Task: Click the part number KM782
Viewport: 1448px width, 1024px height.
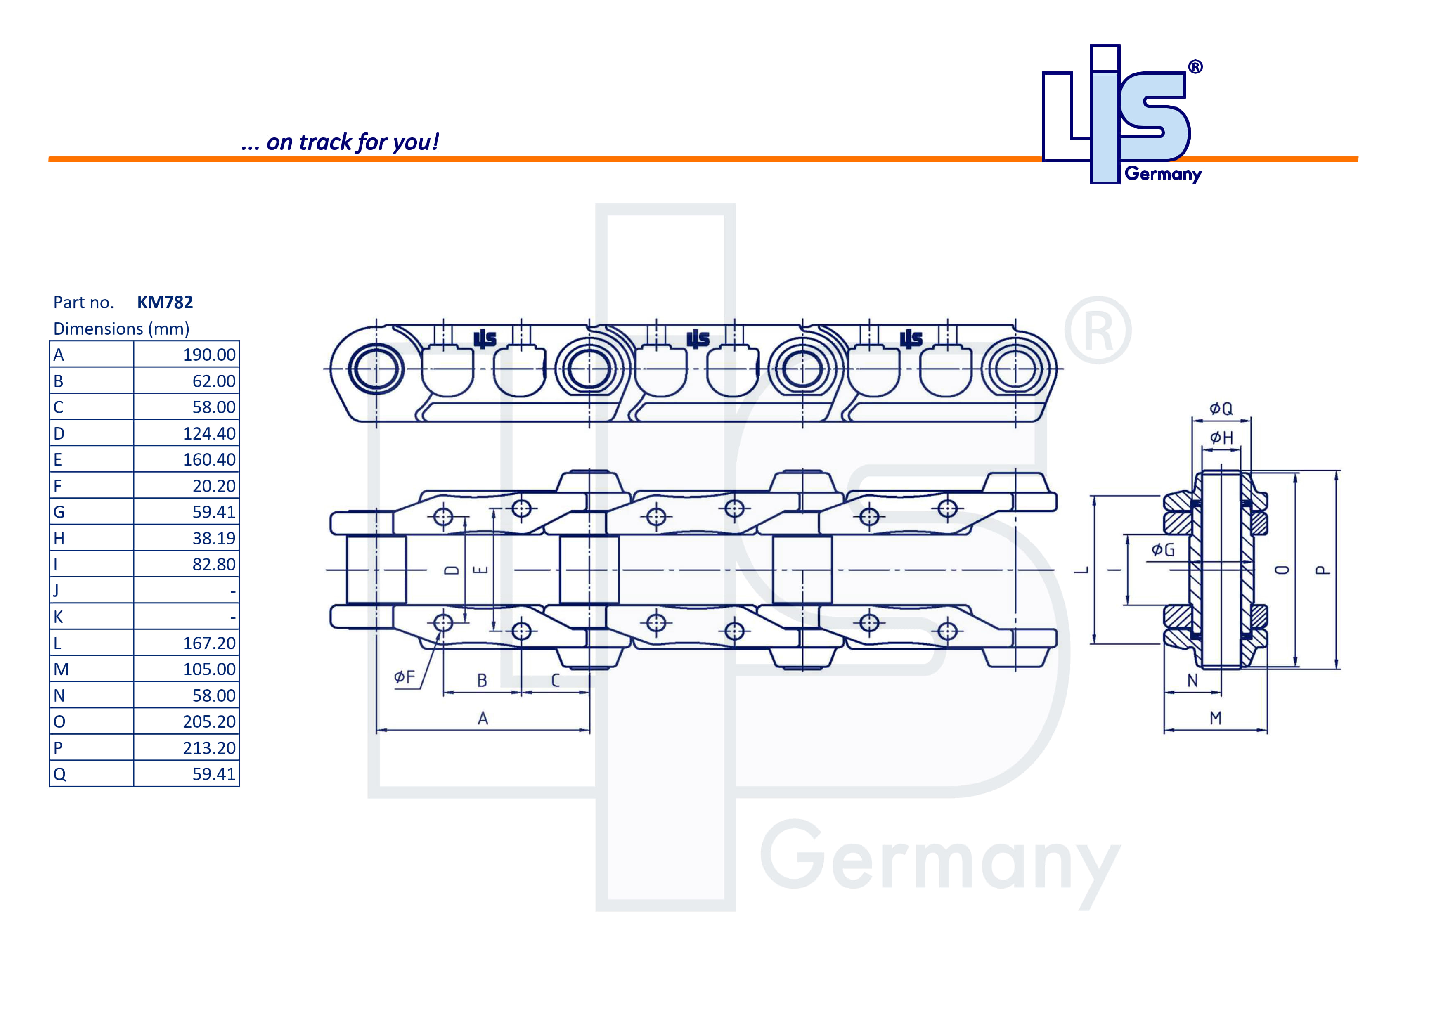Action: pyautogui.click(x=165, y=302)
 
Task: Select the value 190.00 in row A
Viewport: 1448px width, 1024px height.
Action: pyautogui.click(x=209, y=355)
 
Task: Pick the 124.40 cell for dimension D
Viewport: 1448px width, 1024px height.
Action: pyautogui.click(x=209, y=433)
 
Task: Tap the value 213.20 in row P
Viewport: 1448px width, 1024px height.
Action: pyautogui.click(x=209, y=748)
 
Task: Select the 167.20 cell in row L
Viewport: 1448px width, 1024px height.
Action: pyautogui.click(x=209, y=643)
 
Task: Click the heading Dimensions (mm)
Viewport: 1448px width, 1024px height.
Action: pyautogui.click(x=121, y=329)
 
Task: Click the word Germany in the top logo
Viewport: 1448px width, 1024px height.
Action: pyautogui.click(x=1162, y=174)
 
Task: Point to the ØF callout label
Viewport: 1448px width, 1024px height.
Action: pyautogui.click(x=404, y=677)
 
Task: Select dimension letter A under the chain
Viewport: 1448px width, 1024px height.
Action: pyautogui.click(x=483, y=718)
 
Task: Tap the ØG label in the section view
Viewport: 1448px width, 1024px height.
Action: pyautogui.click(x=1162, y=550)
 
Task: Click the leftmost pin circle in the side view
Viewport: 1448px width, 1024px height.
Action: pyautogui.click(x=376, y=369)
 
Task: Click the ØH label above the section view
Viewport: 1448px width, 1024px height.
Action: pyautogui.click(x=1221, y=438)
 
